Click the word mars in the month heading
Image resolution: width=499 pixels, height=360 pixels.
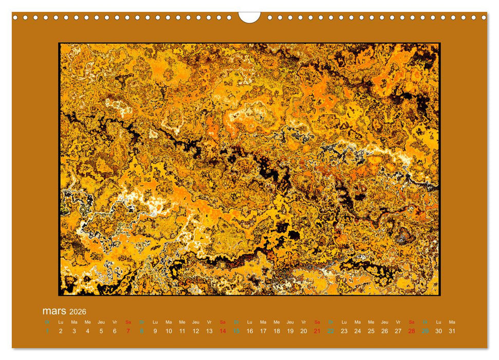pyautogui.click(x=54, y=311)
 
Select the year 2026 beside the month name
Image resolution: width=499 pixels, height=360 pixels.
pyautogui.click(x=77, y=312)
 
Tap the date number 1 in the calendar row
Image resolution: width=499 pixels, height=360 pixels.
pyautogui.click(x=47, y=331)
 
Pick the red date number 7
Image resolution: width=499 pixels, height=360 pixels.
pyautogui.click(x=128, y=331)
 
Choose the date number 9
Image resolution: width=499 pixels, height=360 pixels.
pyautogui.click(x=155, y=331)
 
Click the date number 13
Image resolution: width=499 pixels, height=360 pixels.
pyautogui.click(x=209, y=331)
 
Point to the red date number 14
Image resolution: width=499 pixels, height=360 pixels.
pyautogui.click(x=223, y=331)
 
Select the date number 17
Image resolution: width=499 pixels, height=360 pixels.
pyautogui.click(x=263, y=331)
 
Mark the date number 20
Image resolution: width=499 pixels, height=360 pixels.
pyautogui.click(x=304, y=331)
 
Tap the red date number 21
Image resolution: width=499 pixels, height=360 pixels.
pyautogui.click(x=317, y=331)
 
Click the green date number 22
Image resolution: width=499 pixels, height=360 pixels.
pyautogui.click(x=330, y=331)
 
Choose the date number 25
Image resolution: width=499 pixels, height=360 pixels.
pyautogui.click(x=371, y=331)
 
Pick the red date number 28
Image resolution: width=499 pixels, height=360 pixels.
pyautogui.click(x=412, y=331)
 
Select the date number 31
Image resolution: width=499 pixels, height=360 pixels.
pyautogui.click(x=452, y=331)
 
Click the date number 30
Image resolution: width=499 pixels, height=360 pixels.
pyautogui.click(x=438, y=331)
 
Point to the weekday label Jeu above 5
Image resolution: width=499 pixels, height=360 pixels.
pyautogui.click(x=101, y=322)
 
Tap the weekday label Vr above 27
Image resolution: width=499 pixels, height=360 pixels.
pyautogui.click(x=398, y=322)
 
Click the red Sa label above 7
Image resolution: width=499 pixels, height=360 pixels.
pyautogui.click(x=128, y=322)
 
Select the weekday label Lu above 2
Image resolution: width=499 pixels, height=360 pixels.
pyautogui.click(x=61, y=322)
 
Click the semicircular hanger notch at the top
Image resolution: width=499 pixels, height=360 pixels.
pyautogui.click(x=249, y=17)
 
